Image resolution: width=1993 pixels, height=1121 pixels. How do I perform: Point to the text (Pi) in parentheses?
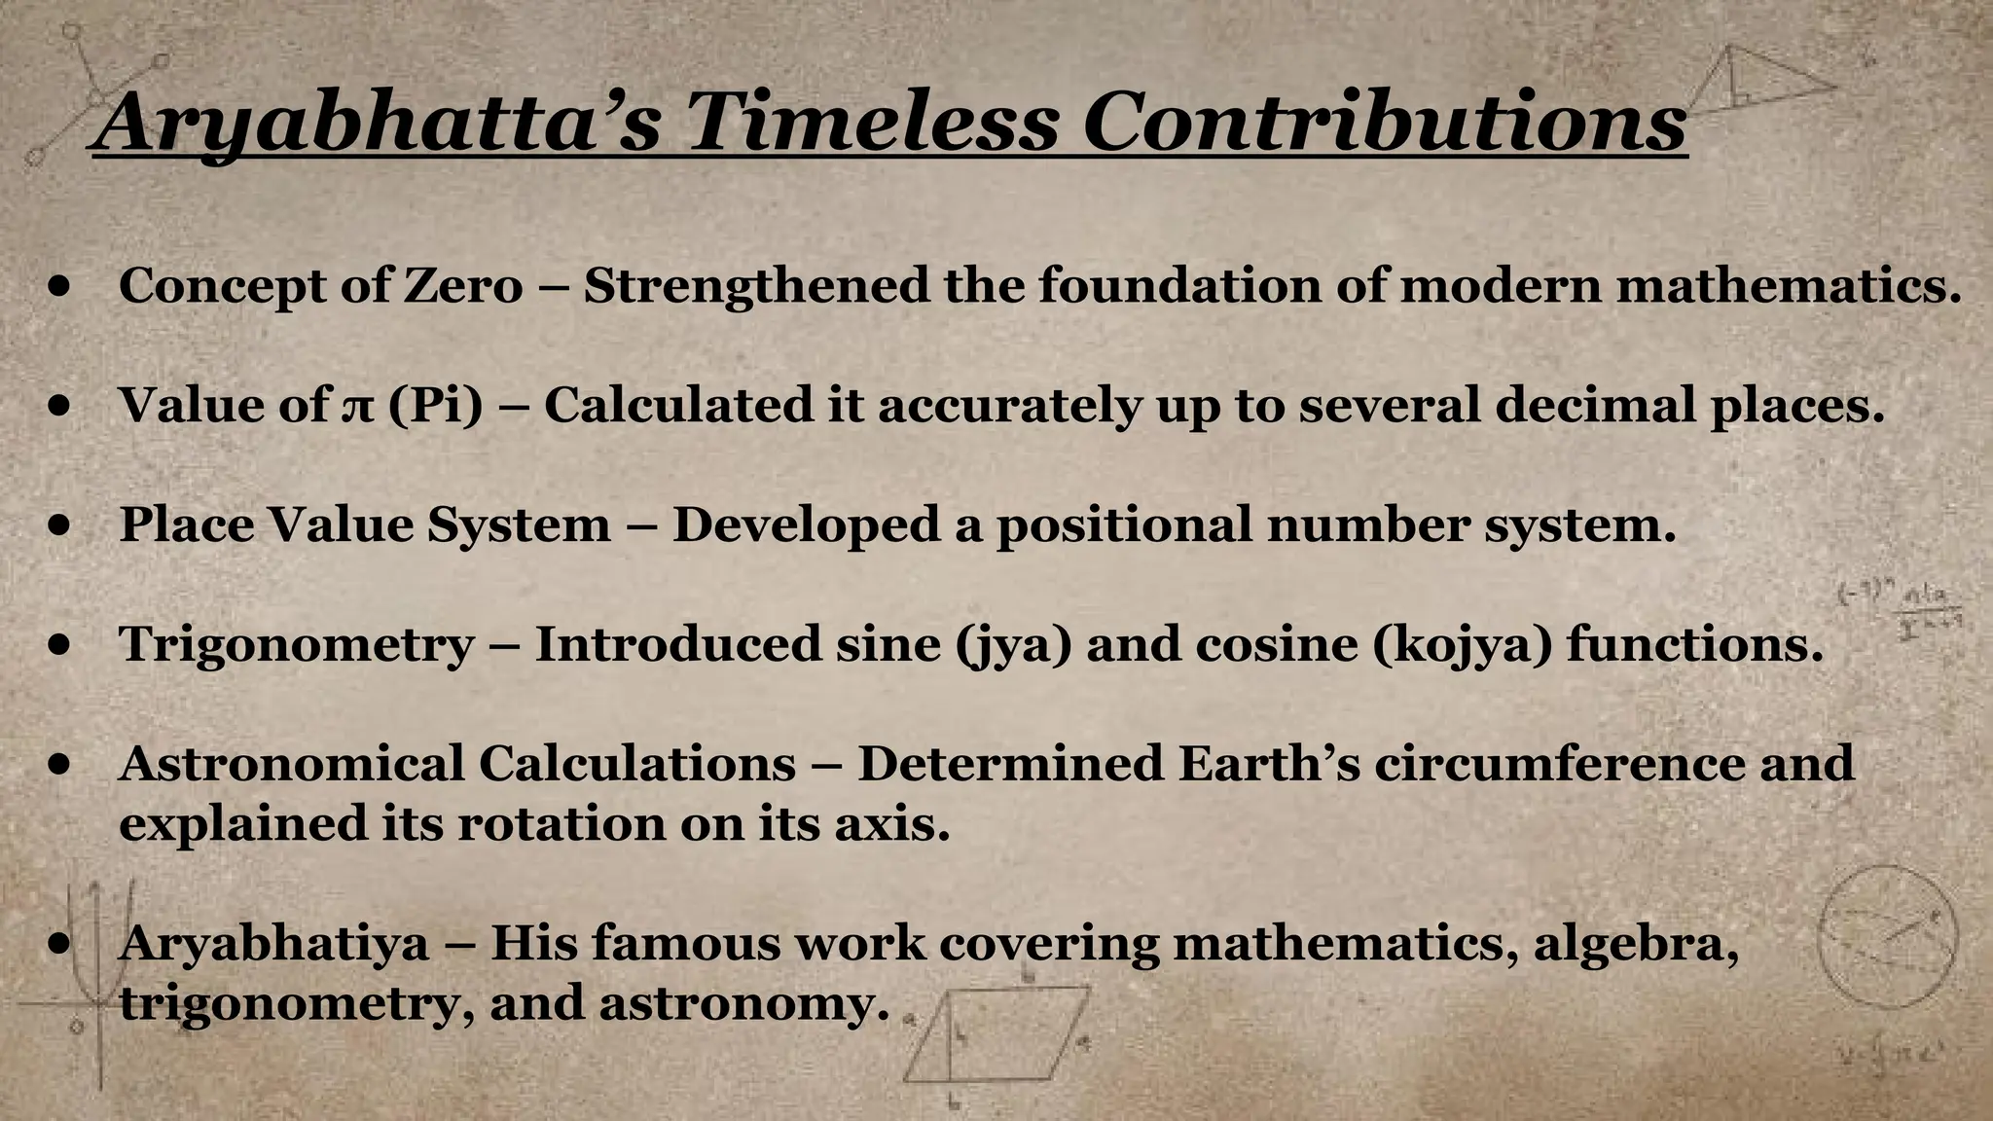[435, 405]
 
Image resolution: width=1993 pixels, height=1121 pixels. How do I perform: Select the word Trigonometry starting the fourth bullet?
[297, 645]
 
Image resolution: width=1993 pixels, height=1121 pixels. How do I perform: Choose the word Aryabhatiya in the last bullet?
[273, 943]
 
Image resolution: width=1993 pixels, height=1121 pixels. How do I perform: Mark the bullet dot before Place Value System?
[60, 526]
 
